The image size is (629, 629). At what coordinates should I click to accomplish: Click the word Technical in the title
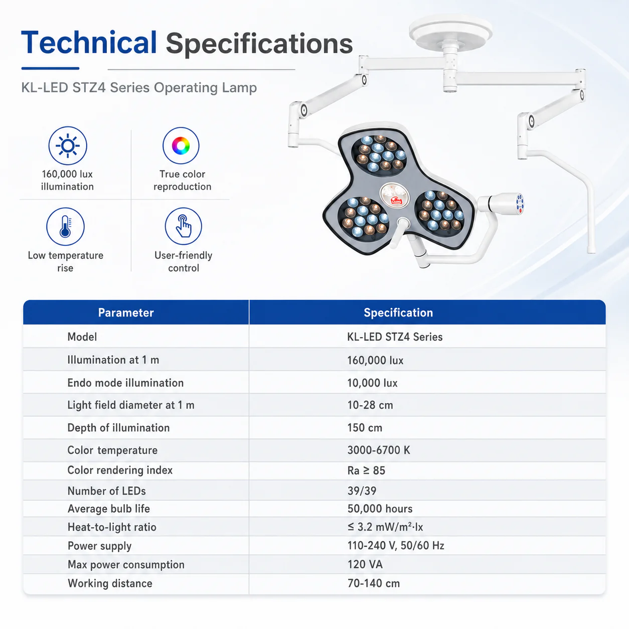click(x=89, y=43)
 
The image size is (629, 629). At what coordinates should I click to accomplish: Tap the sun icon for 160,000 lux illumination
click(x=68, y=145)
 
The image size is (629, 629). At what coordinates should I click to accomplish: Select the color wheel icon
click(x=181, y=145)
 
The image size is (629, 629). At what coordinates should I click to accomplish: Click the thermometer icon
click(x=65, y=226)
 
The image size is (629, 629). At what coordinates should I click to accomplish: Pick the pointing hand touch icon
click(x=183, y=226)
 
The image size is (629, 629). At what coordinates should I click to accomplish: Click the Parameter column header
click(x=126, y=312)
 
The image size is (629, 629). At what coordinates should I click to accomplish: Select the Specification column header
click(x=398, y=312)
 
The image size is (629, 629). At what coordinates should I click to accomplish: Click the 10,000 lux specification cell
click(x=372, y=383)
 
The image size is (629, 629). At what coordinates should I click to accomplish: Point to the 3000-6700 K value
click(x=379, y=450)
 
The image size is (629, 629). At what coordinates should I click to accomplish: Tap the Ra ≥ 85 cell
click(x=366, y=470)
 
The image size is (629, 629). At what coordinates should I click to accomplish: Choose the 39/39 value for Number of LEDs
click(x=362, y=491)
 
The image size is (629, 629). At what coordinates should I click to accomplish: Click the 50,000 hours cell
click(x=380, y=509)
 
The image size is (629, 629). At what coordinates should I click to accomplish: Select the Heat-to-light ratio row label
click(x=112, y=527)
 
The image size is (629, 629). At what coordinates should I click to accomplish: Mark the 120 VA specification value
click(x=365, y=564)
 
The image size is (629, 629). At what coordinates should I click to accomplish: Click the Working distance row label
click(x=110, y=583)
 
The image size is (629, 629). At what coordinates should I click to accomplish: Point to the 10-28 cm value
click(x=370, y=405)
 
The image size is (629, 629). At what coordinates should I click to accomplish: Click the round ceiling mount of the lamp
click(x=450, y=33)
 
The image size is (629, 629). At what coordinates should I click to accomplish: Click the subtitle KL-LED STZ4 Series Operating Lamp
click(x=139, y=88)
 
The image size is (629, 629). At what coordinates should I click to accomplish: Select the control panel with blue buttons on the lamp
click(x=520, y=204)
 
